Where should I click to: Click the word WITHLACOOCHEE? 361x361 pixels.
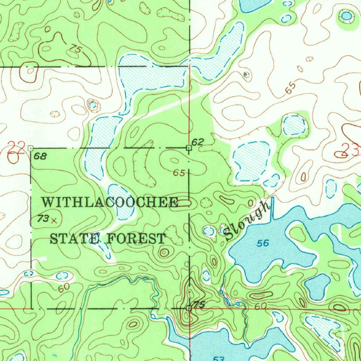[x=110, y=202]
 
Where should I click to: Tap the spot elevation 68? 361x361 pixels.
[x=41, y=156]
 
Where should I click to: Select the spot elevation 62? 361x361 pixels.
[x=198, y=142]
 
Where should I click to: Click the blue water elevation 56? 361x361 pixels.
[x=263, y=243]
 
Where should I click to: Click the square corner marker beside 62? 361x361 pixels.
[x=189, y=148]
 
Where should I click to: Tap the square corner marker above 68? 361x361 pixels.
[x=31, y=148]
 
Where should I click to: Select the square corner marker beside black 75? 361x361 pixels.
[x=189, y=308]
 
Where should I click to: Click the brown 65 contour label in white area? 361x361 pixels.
[x=290, y=89]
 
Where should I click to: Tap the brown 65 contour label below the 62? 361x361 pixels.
[x=179, y=173]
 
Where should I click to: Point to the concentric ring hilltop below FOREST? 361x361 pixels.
[x=164, y=252]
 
